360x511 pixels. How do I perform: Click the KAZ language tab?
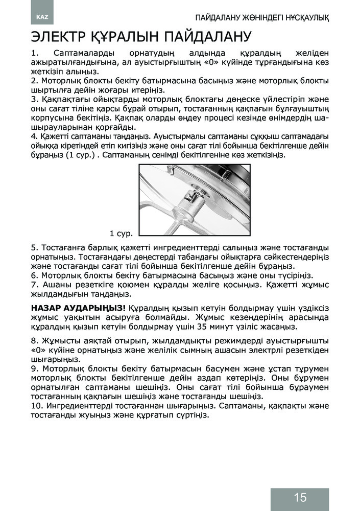click(42, 17)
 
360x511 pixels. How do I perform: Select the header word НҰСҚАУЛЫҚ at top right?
click(304, 18)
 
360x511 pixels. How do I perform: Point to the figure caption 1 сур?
click(121, 234)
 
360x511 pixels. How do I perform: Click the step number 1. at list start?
click(35, 54)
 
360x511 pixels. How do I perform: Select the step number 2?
click(35, 81)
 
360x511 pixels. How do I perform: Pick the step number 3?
click(35, 99)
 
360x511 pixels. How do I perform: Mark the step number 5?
click(35, 248)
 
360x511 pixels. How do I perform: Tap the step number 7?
click(35, 285)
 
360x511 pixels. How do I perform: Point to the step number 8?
click(35, 340)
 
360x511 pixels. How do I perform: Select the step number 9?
click(35, 368)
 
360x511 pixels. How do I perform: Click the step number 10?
click(37, 406)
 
